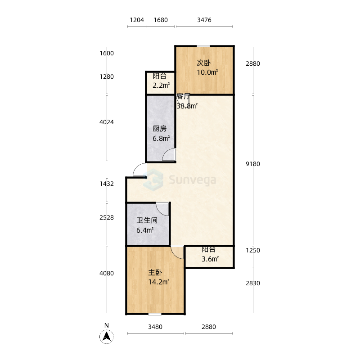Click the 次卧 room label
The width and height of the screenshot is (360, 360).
click(204, 63)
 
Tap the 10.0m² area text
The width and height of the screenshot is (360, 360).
click(207, 72)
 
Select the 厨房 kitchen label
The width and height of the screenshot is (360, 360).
click(160, 129)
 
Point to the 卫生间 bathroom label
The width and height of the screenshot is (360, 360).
click(147, 220)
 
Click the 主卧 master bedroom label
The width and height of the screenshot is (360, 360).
click(155, 273)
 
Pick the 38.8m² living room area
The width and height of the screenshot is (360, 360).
click(187, 106)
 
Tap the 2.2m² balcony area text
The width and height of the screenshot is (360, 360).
click(161, 85)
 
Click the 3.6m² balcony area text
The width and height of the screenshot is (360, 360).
click(210, 259)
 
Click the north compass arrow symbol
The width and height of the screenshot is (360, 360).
click(107, 337)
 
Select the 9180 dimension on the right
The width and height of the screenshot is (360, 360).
click(253, 164)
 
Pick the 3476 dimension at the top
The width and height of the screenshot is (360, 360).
click(204, 20)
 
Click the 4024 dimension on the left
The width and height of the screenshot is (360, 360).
click(107, 122)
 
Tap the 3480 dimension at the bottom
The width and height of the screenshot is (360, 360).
click(155, 327)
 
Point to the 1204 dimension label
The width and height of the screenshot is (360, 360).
click(137, 20)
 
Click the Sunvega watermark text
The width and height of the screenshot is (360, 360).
click(193, 180)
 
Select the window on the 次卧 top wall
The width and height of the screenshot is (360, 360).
click(203, 46)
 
